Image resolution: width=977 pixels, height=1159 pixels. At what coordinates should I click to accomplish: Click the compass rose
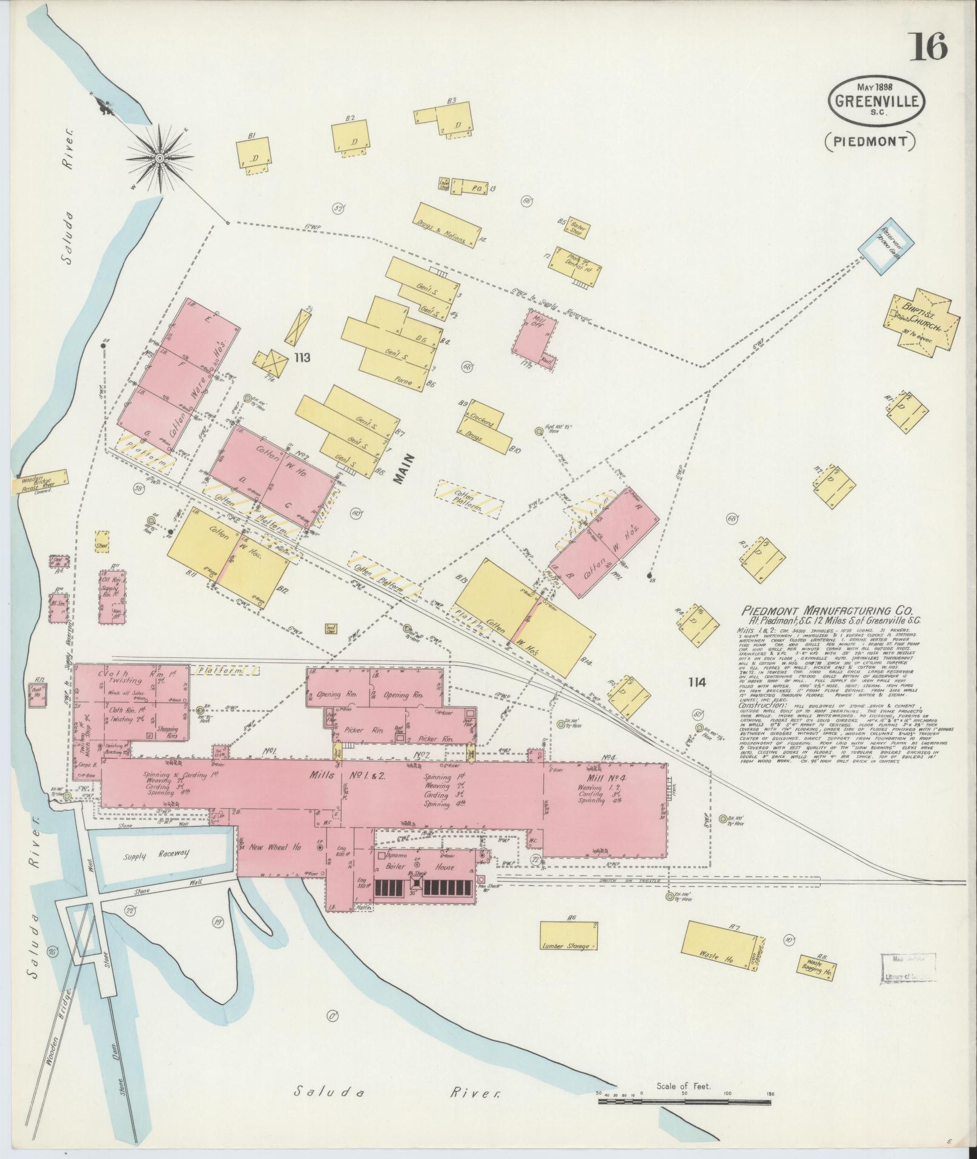[160, 158]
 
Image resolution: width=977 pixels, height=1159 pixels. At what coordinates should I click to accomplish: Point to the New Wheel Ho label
[276, 848]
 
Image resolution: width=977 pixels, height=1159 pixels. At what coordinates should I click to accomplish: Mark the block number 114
[697, 682]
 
